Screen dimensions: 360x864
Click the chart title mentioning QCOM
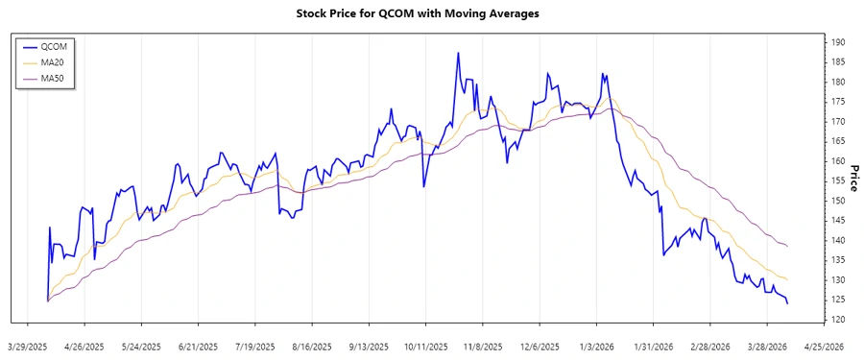(x=432, y=13)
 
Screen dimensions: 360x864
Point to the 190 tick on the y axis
(x=838, y=42)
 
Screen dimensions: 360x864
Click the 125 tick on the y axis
(x=838, y=300)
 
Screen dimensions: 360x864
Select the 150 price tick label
(x=838, y=201)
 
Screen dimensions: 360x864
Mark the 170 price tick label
(x=838, y=122)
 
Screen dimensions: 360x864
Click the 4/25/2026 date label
(x=823, y=346)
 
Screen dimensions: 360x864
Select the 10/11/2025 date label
(x=425, y=346)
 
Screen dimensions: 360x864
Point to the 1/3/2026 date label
(x=596, y=346)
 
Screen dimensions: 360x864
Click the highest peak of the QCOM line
(x=458, y=53)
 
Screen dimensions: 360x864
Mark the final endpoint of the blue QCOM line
(x=788, y=303)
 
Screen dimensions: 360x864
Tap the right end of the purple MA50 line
(x=788, y=247)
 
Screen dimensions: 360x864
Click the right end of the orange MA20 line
(x=788, y=280)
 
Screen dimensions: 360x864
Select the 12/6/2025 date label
(x=540, y=346)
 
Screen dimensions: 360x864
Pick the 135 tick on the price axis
(x=838, y=260)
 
